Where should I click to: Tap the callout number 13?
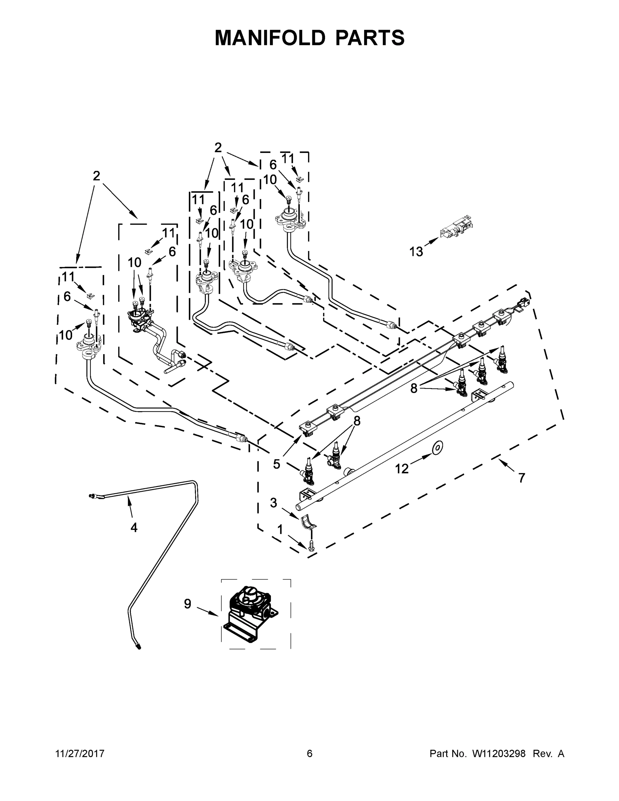pyautogui.click(x=416, y=252)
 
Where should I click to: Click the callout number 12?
pyautogui.click(x=401, y=468)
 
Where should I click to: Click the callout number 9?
pyautogui.click(x=188, y=603)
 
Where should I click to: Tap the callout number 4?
pyautogui.click(x=134, y=527)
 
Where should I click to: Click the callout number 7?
pyautogui.click(x=522, y=478)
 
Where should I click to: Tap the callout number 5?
pyautogui.click(x=277, y=464)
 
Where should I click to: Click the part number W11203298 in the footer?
pyautogui.click(x=499, y=753)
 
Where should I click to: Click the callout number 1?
pyautogui.click(x=280, y=530)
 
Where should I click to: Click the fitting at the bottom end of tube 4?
pyautogui.click(x=138, y=647)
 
